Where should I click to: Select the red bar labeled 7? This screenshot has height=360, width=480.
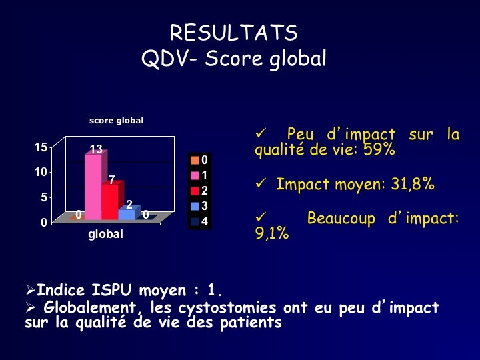[111, 201]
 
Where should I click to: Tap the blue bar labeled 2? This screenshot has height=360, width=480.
[128, 213]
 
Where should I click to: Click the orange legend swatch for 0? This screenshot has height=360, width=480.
[195, 160]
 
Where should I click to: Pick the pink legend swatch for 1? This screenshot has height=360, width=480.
[195, 175]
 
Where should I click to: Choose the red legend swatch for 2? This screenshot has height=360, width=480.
[195, 191]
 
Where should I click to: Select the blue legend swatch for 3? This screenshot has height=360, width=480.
[195, 206]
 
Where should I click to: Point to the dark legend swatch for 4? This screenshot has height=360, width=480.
[195, 221]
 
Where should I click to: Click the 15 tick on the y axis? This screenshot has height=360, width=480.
[41, 147]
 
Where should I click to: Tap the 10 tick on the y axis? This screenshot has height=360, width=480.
[41, 172]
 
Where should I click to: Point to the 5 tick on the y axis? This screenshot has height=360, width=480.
[44, 197]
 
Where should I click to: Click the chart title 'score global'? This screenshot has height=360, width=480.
[116, 121]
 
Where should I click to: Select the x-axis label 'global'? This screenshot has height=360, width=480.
[105, 235]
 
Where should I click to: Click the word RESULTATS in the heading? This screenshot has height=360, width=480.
[234, 33]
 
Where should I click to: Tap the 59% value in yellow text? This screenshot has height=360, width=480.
[379, 149]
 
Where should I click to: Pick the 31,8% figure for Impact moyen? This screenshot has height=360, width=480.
[413, 184]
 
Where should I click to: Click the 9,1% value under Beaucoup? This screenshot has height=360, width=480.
[272, 233]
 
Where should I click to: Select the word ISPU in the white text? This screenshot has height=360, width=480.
[112, 290]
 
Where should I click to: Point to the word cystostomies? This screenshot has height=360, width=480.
[227, 308]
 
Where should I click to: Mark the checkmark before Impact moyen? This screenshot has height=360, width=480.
[261, 183]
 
